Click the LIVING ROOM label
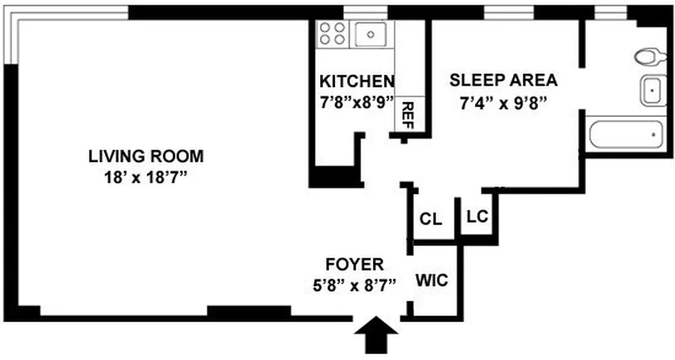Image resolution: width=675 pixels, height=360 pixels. pyautogui.click(x=146, y=157)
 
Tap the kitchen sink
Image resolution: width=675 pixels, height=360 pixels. pyautogui.click(x=370, y=34)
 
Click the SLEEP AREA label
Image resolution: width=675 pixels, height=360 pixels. pyautogui.click(x=504, y=80)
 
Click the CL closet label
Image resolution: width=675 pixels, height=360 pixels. pyautogui.click(x=431, y=220)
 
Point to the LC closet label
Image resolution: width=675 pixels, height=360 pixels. pyautogui.click(x=477, y=217)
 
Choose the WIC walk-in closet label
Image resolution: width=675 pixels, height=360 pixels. pyautogui.click(x=432, y=280)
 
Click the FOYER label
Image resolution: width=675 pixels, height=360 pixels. pyautogui.click(x=355, y=263)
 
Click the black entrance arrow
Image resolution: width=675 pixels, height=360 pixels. pyautogui.click(x=376, y=335)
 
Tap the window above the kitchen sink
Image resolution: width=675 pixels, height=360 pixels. pyautogui.click(x=365, y=12)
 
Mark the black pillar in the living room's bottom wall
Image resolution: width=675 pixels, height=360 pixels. pyautogui.click(x=248, y=312)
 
